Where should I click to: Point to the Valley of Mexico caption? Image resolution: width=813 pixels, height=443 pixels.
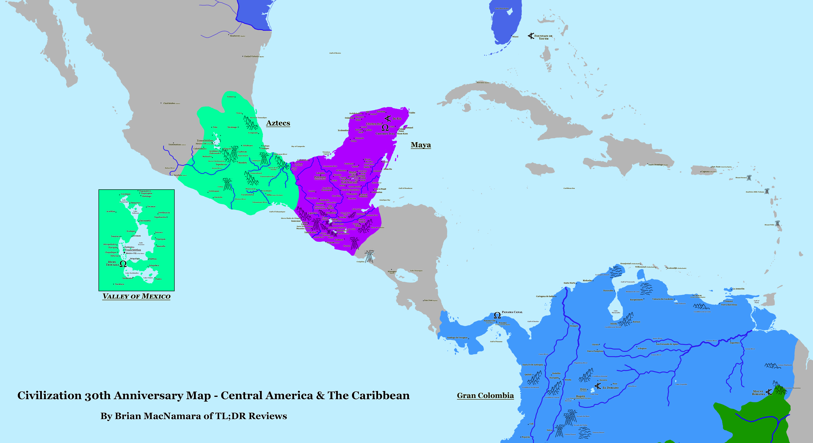click(136, 296)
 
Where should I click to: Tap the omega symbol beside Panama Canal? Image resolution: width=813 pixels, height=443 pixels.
click(497, 315)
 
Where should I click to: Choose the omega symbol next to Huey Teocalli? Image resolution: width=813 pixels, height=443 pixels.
click(123, 264)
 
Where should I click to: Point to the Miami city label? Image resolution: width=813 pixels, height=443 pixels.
click(515, 37)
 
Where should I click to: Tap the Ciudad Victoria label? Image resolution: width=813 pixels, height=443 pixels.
click(252, 56)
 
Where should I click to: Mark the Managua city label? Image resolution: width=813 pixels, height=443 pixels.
click(392, 271)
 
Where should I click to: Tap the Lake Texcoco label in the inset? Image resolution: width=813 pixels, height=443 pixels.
click(141, 244)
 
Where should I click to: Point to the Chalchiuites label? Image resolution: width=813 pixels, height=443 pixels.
click(169, 103)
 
